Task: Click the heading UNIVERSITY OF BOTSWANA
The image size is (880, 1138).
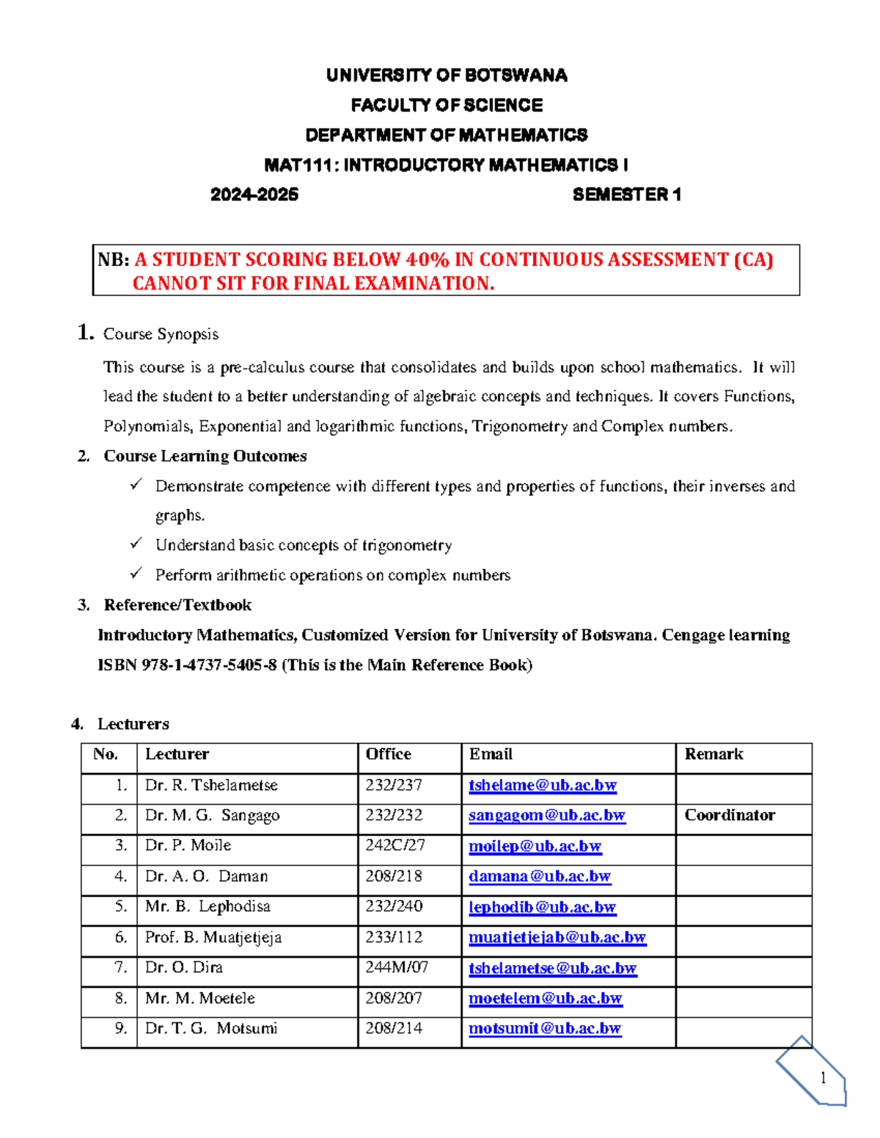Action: pyautogui.click(x=446, y=75)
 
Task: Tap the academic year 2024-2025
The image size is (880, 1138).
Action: pyautogui.click(x=254, y=194)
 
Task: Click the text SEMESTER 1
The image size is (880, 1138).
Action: pyautogui.click(x=627, y=194)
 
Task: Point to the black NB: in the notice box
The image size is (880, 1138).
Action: pyautogui.click(x=114, y=259)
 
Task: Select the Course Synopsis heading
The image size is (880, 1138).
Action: pyautogui.click(x=161, y=334)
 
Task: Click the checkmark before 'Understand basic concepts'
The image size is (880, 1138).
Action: pyautogui.click(x=136, y=544)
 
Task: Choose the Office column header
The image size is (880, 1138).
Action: pyautogui.click(x=388, y=754)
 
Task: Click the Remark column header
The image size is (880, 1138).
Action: pyautogui.click(x=714, y=754)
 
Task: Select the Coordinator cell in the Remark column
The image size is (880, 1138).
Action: pyautogui.click(x=730, y=815)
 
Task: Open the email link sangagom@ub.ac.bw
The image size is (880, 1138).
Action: pyautogui.click(x=546, y=816)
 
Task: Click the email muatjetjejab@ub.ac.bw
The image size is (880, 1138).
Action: pyautogui.click(x=557, y=937)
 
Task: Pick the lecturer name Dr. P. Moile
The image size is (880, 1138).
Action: pyautogui.click(x=188, y=846)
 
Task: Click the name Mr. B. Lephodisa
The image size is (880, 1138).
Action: pyautogui.click(x=208, y=906)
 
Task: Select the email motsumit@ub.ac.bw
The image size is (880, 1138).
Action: pyautogui.click(x=544, y=1028)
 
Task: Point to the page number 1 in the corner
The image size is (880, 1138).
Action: pyautogui.click(x=823, y=1077)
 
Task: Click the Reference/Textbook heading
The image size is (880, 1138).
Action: pyautogui.click(x=177, y=605)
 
